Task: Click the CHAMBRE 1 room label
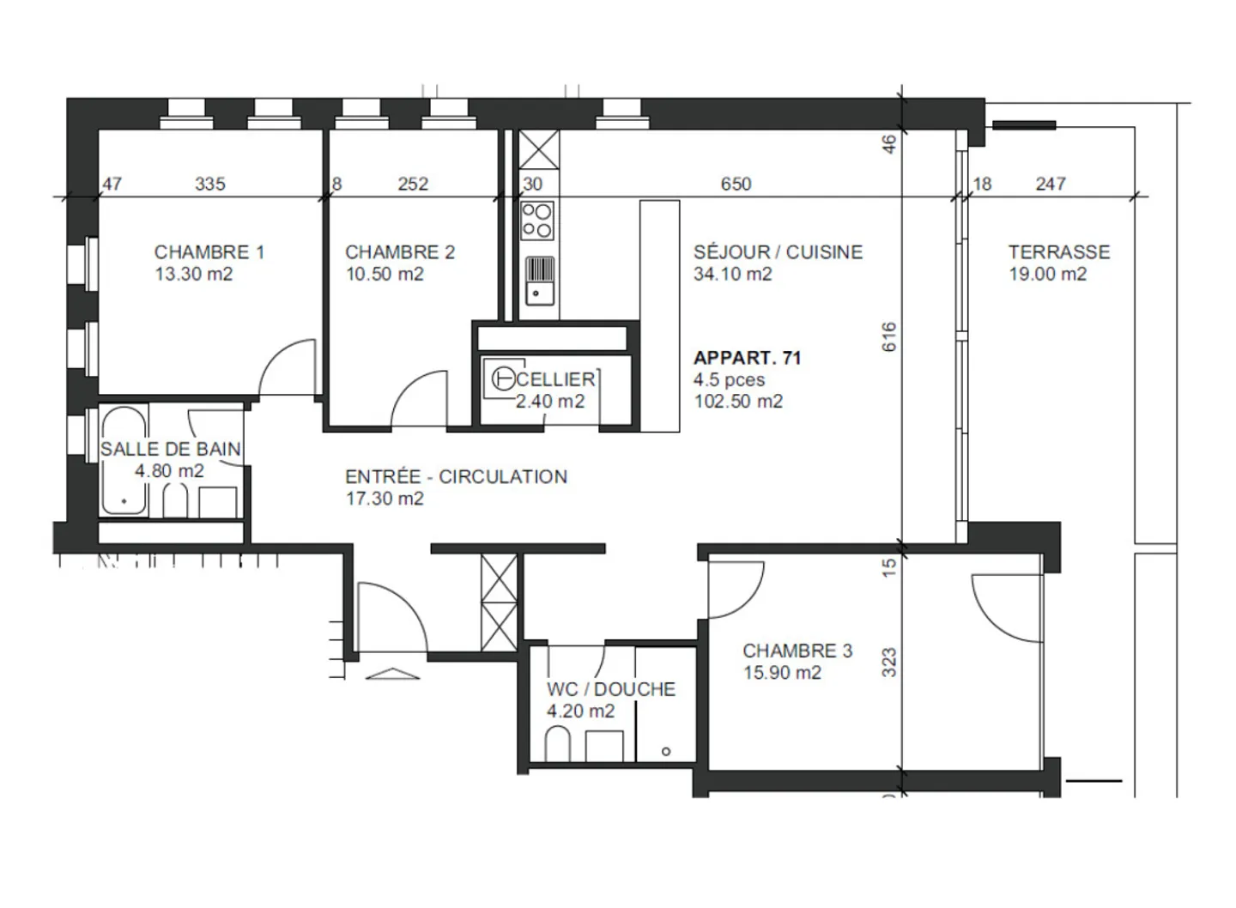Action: pos(209,252)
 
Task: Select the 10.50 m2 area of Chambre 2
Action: pos(385,275)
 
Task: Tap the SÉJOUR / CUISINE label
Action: pos(778,252)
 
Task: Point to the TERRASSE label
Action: pos(1058,252)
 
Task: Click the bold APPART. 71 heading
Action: pos(747,358)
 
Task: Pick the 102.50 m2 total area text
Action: pos(738,402)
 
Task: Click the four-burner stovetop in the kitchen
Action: pos(538,221)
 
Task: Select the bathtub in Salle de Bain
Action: pos(124,462)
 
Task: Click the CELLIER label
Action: pos(556,379)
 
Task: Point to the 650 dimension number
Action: pos(736,184)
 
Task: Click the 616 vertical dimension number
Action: pos(889,336)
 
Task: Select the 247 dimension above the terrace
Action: pos(1051,184)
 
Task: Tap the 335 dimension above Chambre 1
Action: pos(210,184)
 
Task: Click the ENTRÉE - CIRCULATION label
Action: pos(456,477)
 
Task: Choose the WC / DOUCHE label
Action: pos(610,689)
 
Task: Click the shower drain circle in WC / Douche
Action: pos(666,752)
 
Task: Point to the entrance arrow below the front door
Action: pos(393,673)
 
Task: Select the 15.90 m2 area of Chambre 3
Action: pos(782,673)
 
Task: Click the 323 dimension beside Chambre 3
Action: pos(889,663)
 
